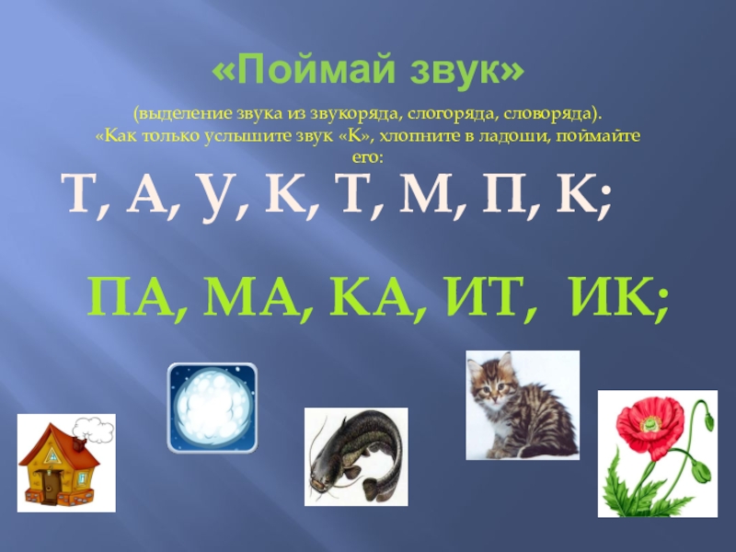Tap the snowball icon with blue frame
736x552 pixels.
point(212,407)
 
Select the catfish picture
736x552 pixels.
point(354,456)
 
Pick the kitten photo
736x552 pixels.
point(522,405)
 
